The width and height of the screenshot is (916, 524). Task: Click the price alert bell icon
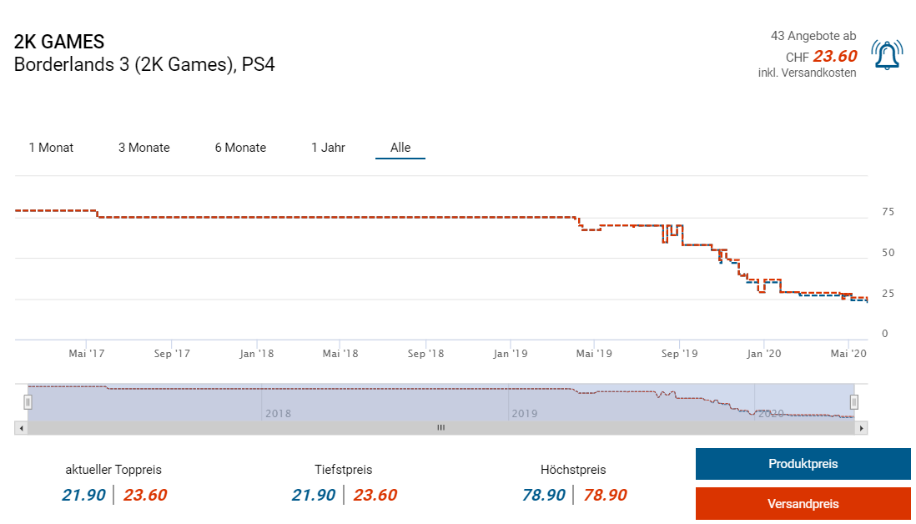[x=886, y=55]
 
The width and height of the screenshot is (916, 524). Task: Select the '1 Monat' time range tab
[x=51, y=148]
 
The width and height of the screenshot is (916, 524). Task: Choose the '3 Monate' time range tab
[x=143, y=148]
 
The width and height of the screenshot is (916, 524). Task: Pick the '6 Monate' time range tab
[x=240, y=148]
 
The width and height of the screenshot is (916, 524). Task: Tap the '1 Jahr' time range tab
[x=328, y=148]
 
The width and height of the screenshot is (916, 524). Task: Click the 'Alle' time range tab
[x=400, y=148]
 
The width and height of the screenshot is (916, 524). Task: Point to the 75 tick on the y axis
[x=888, y=212]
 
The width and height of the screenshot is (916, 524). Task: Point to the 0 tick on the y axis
[x=884, y=334]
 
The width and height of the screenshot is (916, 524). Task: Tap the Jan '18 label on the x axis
[x=256, y=354]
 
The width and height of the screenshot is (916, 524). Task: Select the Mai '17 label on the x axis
[x=87, y=354]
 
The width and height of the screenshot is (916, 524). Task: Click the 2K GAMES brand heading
[x=59, y=42]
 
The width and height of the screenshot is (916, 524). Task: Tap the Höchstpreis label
[x=573, y=470]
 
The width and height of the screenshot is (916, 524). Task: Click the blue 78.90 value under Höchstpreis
[x=544, y=495]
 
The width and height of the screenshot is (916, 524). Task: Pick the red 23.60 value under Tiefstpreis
[x=375, y=495]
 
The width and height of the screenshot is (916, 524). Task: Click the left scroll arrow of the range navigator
[x=20, y=427]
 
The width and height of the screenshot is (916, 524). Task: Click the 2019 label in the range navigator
[x=524, y=413]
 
